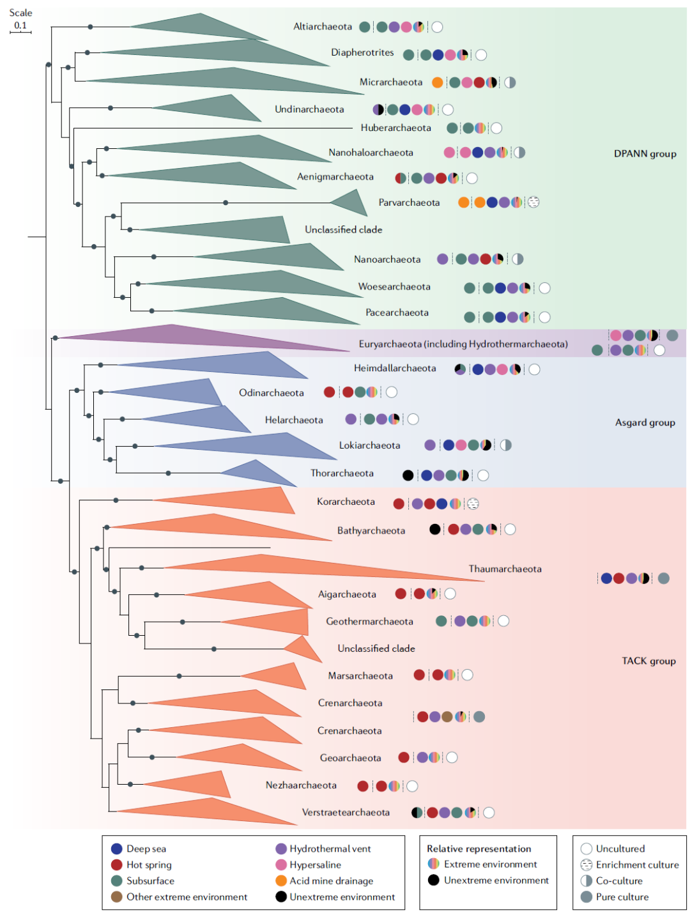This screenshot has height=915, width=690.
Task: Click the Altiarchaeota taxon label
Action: coord(323,27)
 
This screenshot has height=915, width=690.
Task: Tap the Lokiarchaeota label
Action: coord(369,445)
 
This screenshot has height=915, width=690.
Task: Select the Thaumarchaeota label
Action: coord(505,569)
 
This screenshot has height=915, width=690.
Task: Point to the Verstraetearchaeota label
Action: coord(346,813)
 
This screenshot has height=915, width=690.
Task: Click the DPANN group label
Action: coord(645,154)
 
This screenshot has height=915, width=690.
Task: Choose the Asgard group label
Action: coord(645,422)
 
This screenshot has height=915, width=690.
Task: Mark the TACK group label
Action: coord(648,661)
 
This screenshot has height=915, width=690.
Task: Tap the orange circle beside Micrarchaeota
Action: coord(437,82)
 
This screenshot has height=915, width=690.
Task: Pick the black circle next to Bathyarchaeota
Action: coord(435,529)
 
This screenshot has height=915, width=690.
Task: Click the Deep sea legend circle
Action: coord(116,849)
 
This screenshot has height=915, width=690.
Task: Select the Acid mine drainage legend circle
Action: coord(281,880)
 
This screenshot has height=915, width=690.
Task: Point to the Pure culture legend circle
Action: coord(586,897)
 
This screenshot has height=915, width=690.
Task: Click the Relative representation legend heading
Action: coord(479,849)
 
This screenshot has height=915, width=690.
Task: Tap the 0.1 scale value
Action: coord(21,26)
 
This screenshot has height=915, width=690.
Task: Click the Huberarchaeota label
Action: coord(395,128)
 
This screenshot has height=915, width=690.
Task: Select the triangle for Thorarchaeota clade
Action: coord(262,473)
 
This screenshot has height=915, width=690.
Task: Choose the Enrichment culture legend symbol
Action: coord(586,865)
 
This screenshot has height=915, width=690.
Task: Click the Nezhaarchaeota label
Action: coord(301,785)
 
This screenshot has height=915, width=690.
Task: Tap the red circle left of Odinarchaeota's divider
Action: coord(329,392)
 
